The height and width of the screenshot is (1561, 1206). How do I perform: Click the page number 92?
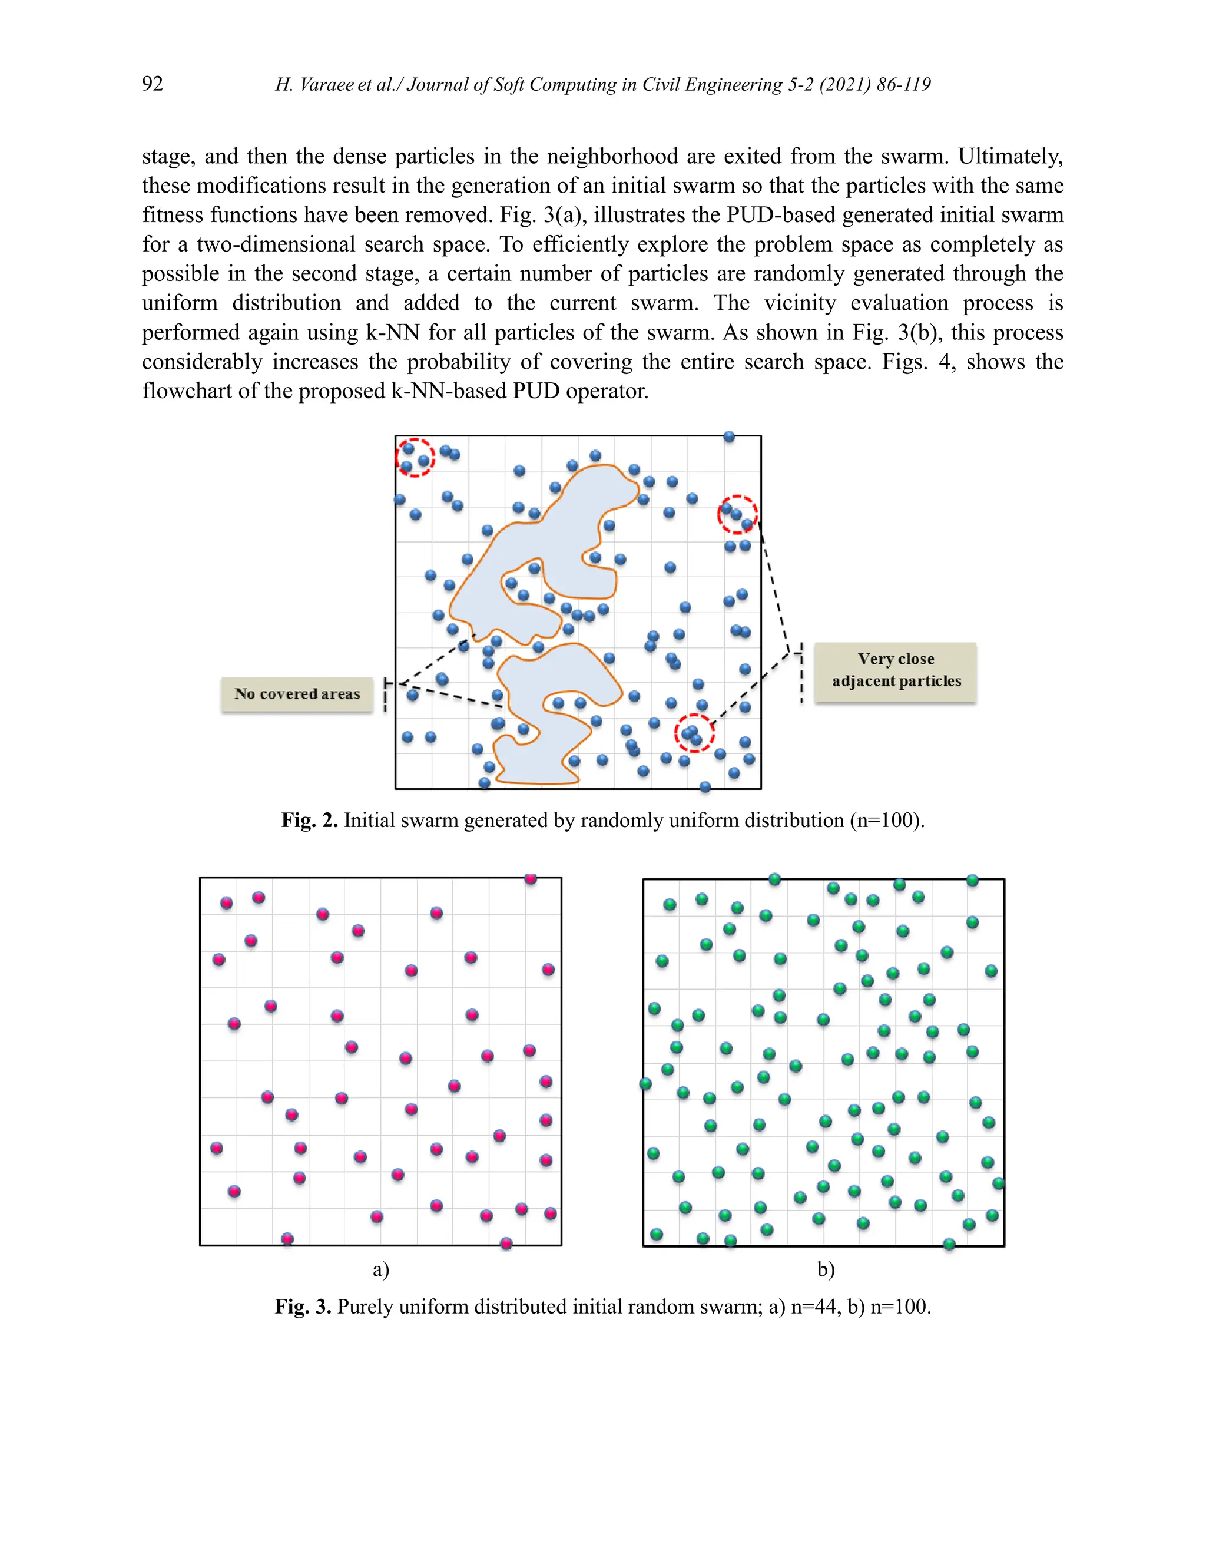(x=152, y=84)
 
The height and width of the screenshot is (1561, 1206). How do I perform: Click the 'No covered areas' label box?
(x=297, y=694)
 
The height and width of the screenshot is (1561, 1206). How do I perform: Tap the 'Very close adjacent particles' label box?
(x=896, y=670)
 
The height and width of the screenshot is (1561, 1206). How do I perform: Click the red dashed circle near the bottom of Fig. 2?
(x=694, y=733)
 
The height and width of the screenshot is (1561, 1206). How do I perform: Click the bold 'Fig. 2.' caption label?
(x=309, y=820)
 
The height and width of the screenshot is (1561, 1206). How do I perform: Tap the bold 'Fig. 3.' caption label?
(x=303, y=1307)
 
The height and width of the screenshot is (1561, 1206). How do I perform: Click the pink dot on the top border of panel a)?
(x=530, y=878)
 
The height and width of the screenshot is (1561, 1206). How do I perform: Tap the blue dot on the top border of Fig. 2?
(x=729, y=436)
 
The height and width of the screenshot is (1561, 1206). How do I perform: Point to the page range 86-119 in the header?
(x=904, y=84)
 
